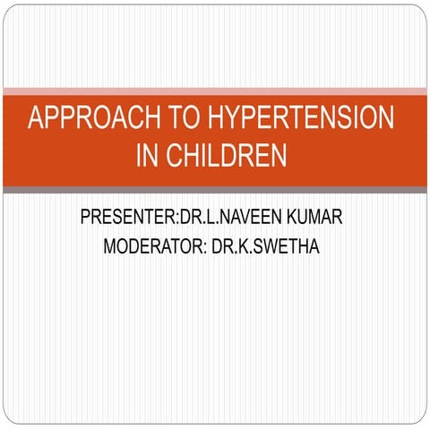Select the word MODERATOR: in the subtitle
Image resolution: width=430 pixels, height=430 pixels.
[x=155, y=245]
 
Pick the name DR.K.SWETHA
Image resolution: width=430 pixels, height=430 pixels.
[x=266, y=245]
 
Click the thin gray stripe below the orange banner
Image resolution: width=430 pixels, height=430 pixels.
[x=215, y=190]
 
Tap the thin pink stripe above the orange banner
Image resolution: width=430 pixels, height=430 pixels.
[x=215, y=90]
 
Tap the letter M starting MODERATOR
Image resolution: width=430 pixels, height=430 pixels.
[x=111, y=245]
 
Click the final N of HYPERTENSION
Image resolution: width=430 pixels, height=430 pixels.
[x=384, y=119]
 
